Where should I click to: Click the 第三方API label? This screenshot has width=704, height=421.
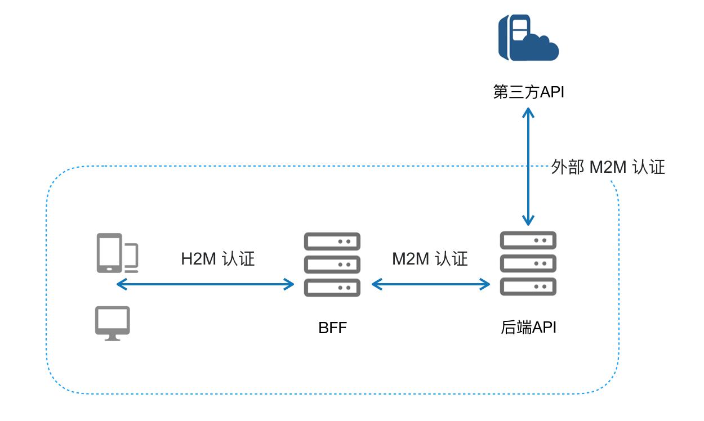(x=528, y=92)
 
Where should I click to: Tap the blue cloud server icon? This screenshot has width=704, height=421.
(x=528, y=38)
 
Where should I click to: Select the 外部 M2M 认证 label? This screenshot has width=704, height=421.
(x=608, y=167)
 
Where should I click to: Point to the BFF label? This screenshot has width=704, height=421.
(x=332, y=328)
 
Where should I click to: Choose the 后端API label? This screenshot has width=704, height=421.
(x=528, y=328)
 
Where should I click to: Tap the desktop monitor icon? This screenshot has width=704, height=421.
(x=112, y=323)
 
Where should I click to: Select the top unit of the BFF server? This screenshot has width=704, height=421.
(x=332, y=241)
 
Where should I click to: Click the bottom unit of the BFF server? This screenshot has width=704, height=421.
(x=332, y=287)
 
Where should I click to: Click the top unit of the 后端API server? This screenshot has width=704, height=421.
(x=528, y=240)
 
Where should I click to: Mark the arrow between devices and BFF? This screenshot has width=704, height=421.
(x=206, y=284)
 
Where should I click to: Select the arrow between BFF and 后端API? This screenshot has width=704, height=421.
(x=431, y=284)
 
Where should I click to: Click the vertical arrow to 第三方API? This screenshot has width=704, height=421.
(x=528, y=166)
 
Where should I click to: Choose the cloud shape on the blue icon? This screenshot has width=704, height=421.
(x=541, y=47)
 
